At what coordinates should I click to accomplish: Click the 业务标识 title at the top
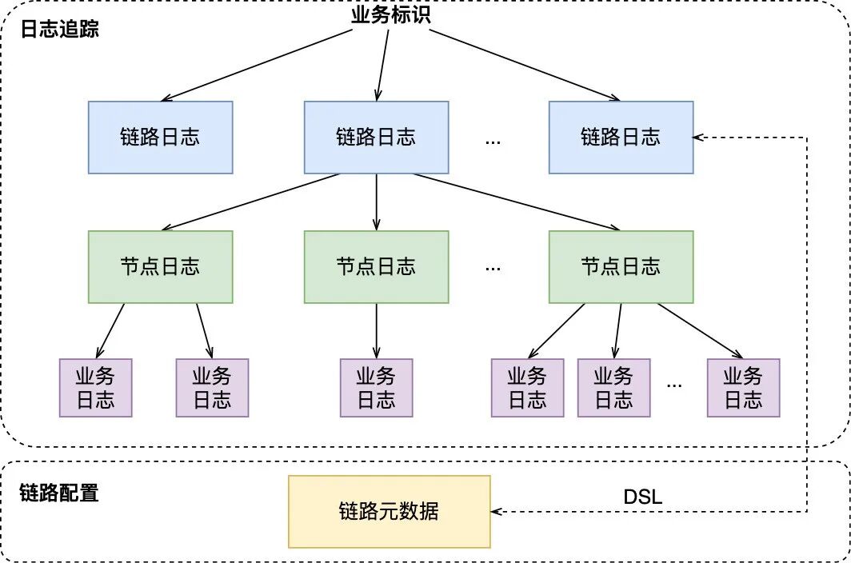click(391, 14)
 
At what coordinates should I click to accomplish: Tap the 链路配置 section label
click(59, 493)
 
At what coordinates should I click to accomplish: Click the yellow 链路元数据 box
click(389, 512)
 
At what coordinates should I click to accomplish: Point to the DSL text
click(643, 497)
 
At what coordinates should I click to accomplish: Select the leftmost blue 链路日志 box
click(160, 138)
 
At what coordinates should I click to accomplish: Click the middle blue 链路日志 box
click(376, 138)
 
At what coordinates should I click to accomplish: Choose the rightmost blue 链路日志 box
click(621, 138)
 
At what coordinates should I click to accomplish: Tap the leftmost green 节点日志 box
click(160, 267)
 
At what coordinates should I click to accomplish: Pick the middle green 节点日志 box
click(376, 267)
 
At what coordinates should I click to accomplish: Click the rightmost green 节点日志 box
click(621, 267)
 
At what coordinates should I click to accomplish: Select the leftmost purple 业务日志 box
click(95, 388)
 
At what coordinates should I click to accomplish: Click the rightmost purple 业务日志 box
click(743, 388)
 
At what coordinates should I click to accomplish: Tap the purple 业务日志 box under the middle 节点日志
click(376, 388)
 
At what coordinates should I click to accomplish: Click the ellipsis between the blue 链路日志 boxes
click(493, 141)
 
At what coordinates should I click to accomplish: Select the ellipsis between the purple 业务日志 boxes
click(674, 385)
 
